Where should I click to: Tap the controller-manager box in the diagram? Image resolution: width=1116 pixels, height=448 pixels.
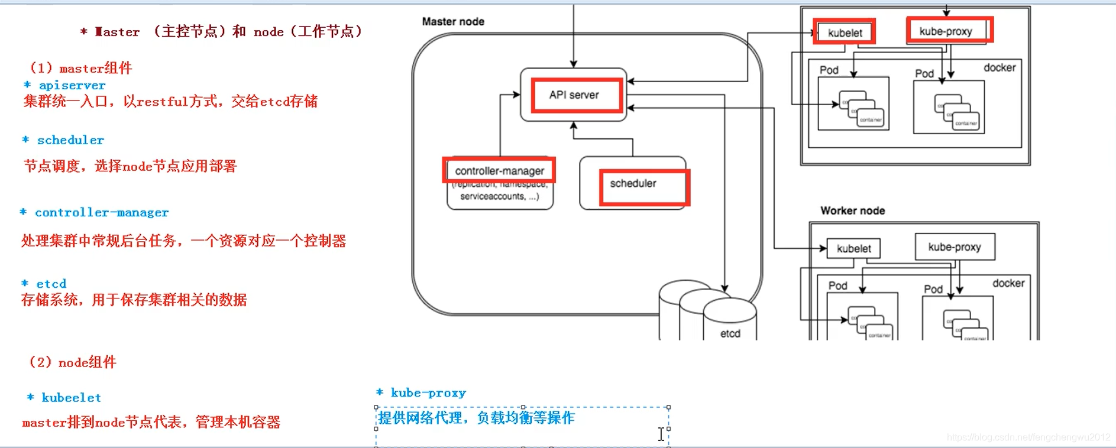499,171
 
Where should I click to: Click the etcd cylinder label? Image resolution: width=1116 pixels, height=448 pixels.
730,333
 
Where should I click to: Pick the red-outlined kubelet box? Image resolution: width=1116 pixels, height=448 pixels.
844,33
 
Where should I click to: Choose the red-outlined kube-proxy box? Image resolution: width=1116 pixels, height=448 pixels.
949,31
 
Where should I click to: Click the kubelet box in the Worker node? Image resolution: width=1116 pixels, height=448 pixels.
853,249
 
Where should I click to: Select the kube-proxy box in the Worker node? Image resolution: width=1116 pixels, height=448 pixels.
955,247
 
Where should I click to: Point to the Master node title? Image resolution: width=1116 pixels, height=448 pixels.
453,21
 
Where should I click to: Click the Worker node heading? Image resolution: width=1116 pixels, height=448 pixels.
852,210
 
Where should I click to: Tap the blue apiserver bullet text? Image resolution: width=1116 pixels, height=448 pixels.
72,86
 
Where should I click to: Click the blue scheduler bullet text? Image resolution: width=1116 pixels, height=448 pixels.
70,140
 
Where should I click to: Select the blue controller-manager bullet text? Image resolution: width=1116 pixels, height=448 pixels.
101,212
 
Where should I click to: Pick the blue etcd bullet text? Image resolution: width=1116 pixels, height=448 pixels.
51,284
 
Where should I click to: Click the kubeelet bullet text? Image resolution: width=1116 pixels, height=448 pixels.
71,398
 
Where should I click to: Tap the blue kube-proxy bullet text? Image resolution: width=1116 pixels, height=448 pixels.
428,393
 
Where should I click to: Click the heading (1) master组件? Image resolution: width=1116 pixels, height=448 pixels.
81,68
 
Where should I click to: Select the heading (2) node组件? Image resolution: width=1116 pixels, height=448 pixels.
73,362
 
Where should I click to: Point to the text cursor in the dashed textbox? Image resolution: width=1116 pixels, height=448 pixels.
661,434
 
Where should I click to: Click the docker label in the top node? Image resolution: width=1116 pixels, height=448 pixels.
999,68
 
